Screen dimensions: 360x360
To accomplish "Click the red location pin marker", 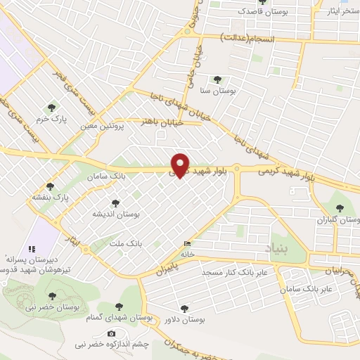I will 181,165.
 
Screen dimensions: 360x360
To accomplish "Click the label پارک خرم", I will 51,119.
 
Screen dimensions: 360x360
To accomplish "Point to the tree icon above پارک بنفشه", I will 51,186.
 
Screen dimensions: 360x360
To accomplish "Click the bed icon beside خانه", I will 186,244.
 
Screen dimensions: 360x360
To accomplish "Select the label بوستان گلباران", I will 340,220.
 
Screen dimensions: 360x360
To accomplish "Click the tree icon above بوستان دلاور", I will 185,308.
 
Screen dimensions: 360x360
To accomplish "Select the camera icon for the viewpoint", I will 111,333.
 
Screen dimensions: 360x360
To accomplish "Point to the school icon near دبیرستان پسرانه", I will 31,248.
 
